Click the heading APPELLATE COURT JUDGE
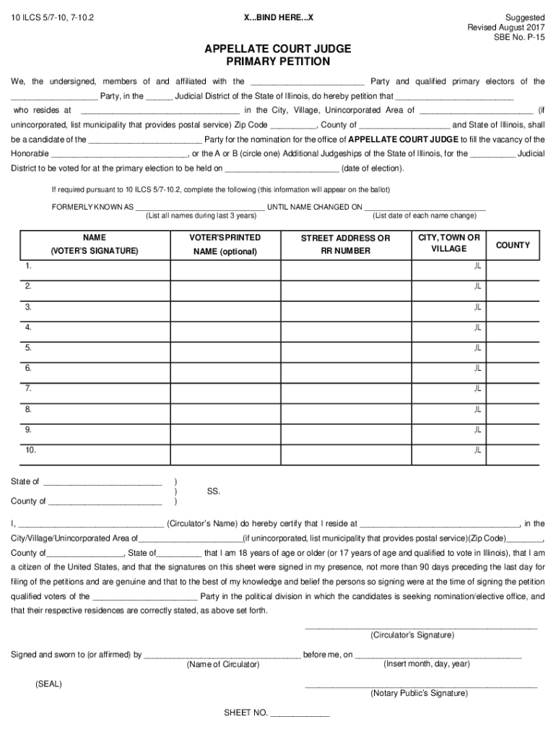point(278,48)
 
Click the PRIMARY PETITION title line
point(278,61)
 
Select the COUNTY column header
point(513,245)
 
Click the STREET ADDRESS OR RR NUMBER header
point(345,244)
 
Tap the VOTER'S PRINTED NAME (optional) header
point(225,244)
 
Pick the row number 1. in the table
point(28,267)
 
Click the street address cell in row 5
point(345,349)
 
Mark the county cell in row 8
point(513,410)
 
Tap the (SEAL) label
point(48,684)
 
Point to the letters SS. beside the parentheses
point(213,491)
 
